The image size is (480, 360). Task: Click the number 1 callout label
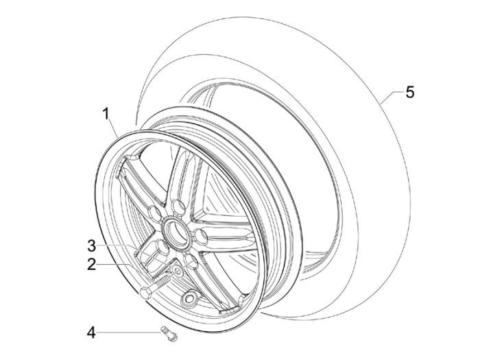coord(107,114)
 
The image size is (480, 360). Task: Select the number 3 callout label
coord(91,244)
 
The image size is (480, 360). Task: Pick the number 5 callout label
coord(409,91)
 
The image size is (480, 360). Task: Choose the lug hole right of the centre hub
coord(201,237)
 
